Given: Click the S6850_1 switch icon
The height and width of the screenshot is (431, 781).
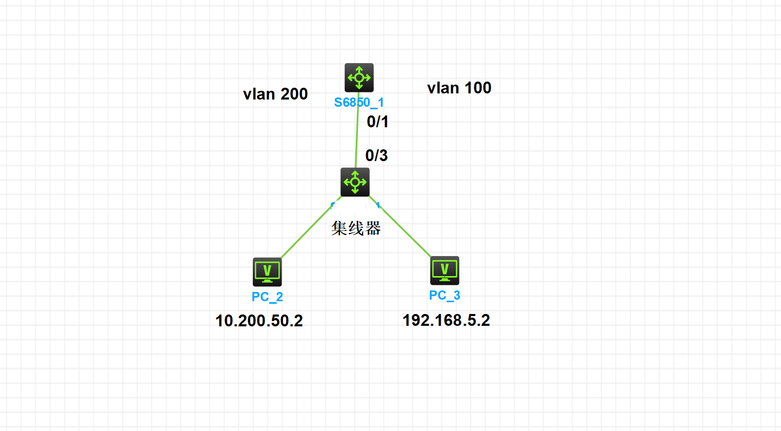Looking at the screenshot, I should pyautogui.click(x=359, y=78).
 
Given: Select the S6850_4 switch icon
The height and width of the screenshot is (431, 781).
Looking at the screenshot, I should pyautogui.click(x=355, y=182).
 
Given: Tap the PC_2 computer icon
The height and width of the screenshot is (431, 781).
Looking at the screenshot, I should pyautogui.click(x=267, y=272).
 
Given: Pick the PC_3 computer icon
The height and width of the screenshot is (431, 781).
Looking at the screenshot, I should pyautogui.click(x=445, y=270).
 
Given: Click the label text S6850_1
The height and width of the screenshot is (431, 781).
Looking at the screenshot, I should pyautogui.click(x=359, y=103).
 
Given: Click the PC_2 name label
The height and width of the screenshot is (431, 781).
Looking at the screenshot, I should pyautogui.click(x=267, y=297).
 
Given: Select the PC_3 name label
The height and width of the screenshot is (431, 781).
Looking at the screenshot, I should pyautogui.click(x=445, y=296).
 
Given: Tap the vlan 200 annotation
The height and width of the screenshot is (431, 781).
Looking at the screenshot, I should pyautogui.click(x=275, y=94).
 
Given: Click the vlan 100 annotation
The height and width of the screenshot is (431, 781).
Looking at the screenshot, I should pyautogui.click(x=459, y=88).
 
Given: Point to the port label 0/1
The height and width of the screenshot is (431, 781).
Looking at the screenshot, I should pyautogui.click(x=377, y=122).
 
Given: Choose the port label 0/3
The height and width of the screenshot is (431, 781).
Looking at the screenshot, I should pyautogui.click(x=376, y=155).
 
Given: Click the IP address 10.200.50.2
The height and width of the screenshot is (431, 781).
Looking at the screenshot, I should pyautogui.click(x=259, y=321).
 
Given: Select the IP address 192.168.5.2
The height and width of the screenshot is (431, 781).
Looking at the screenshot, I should pyautogui.click(x=446, y=320).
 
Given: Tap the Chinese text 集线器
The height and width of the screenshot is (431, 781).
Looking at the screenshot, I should pyautogui.click(x=356, y=228).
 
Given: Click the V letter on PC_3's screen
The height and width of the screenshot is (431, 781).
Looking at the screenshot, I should pyautogui.click(x=445, y=268).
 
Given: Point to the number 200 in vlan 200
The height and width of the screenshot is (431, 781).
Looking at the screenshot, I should pyautogui.click(x=294, y=94).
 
